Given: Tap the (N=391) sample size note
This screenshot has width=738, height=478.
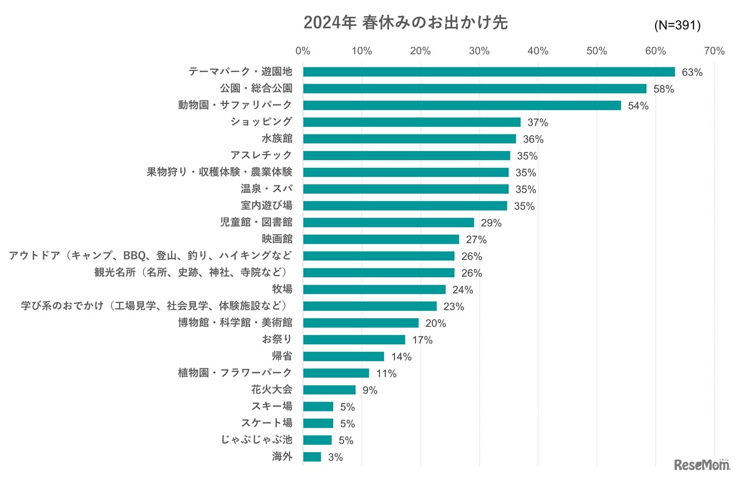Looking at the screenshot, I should click(x=677, y=25).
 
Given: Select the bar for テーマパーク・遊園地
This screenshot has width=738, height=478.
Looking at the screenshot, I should click(x=488, y=72).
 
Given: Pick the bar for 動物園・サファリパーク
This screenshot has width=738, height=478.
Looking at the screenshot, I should click(x=461, y=106).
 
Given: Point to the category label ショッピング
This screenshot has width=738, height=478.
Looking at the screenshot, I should click(x=261, y=122).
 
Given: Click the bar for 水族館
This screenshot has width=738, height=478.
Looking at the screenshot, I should click(x=409, y=139).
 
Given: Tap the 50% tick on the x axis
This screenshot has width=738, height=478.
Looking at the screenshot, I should click(x=597, y=51).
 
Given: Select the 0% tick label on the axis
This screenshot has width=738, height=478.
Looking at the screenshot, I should click(x=303, y=51).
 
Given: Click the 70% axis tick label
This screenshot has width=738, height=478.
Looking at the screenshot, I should click(x=714, y=51).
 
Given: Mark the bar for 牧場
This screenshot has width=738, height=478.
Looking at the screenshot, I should click(x=374, y=289).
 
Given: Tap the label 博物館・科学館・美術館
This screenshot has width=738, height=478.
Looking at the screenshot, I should click(x=235, y=323).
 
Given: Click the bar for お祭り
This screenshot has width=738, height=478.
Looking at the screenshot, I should click(x=353, y=340).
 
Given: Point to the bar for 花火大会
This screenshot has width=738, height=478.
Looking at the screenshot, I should click(x=329, y=390).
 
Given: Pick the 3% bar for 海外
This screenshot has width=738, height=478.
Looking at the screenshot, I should click(x=311, y=457).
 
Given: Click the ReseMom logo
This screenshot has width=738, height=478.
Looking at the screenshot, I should click(x=701, y=464).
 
